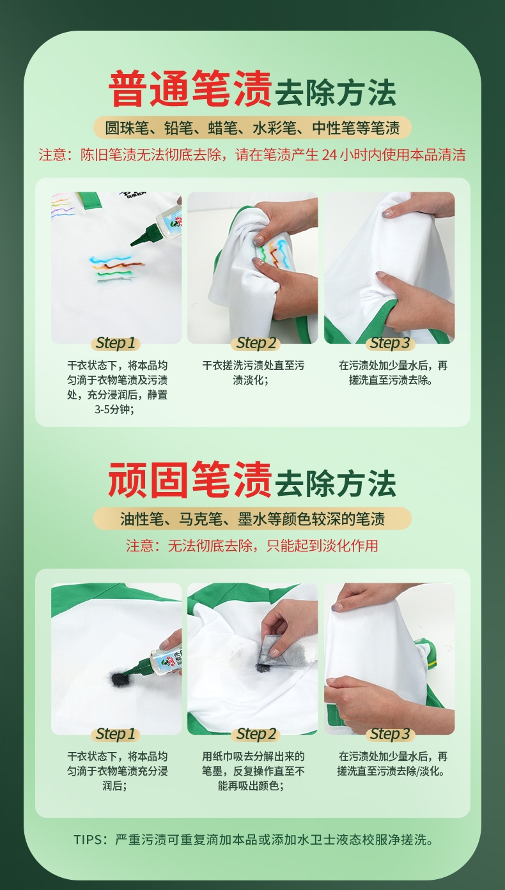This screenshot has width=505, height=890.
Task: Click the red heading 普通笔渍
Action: click(x=190, y=89)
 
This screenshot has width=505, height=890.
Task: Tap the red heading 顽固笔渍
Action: click(x=190, y=480)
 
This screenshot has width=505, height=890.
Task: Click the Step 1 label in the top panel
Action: click(x=116, y=343)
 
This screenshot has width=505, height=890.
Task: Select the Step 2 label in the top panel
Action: click(x=256, y=343)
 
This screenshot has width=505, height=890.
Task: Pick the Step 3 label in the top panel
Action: click(x=390, y=343)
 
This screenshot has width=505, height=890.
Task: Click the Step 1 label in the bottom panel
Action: click(x=116, y=734)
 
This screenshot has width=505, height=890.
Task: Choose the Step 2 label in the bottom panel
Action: click(x=256, y=734)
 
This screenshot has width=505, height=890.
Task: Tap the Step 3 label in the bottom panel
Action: click(x=390, y=734)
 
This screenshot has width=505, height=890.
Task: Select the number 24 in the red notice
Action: click(x=329, y=155)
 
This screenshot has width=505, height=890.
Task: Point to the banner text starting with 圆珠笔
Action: click(x=252, y=128)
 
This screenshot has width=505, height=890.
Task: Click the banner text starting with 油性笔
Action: click(x=252, y=519)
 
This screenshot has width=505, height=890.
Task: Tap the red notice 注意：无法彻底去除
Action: click(x=252, y=546)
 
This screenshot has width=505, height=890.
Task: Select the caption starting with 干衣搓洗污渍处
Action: click(x=253, y=372)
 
